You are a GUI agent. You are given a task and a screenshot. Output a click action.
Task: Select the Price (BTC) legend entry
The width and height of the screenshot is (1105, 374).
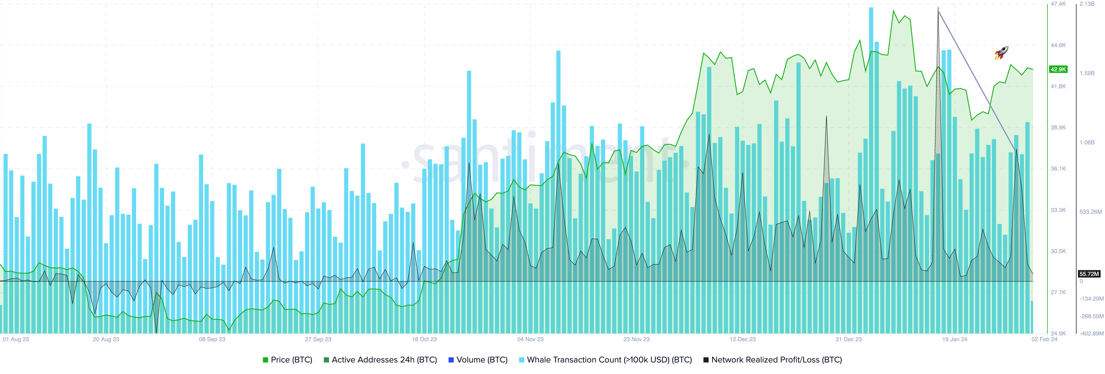click(287, 360)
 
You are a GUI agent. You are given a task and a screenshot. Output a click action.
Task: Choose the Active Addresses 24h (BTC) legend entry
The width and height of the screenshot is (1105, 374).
click(380, 360)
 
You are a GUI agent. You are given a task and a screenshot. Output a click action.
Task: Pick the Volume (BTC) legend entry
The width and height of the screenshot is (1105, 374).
click(478, 360)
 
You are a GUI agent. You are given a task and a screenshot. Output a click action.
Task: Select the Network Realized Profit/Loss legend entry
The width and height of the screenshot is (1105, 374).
click(773, 360)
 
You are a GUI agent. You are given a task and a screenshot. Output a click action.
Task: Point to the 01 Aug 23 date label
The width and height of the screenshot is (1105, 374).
click(16, 339)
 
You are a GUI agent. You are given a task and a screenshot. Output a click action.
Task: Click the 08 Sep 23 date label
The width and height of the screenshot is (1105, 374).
click(212, 339)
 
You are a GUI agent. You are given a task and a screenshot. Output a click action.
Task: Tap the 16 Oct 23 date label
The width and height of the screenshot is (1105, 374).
click(424, 339)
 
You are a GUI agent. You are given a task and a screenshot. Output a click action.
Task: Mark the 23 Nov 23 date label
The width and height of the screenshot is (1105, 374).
click(636, 339)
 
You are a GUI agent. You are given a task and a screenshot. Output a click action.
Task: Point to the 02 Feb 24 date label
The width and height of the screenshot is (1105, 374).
click(1044, 339)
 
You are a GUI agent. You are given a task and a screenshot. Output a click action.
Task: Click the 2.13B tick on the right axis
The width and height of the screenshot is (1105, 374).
click(1087, 4)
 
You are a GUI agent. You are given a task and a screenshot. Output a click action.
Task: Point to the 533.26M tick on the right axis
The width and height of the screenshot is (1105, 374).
click(1090, 212)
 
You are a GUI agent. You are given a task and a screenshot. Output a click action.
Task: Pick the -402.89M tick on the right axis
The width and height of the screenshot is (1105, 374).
click(1091, 333)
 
